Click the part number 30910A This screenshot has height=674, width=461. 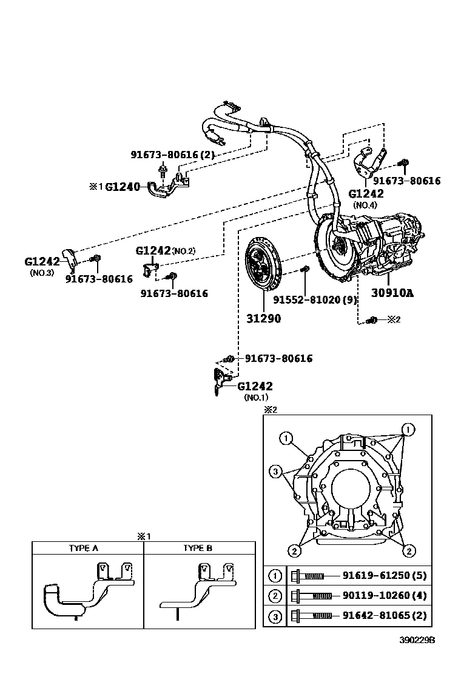tap(392, 293)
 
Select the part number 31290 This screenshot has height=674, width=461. tap(263, 318)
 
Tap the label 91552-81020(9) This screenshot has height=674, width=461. tap(314, 299)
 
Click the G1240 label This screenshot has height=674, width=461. tap(123, 187)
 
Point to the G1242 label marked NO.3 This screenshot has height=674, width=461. tap(42, 261)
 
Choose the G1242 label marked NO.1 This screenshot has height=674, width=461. tap(255, 386)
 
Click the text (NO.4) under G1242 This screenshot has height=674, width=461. tap(366, 205)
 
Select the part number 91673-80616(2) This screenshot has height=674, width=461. tap(173, 155)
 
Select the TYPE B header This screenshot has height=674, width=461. tap(198, 548)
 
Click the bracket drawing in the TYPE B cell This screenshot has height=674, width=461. tap(197, 588)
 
